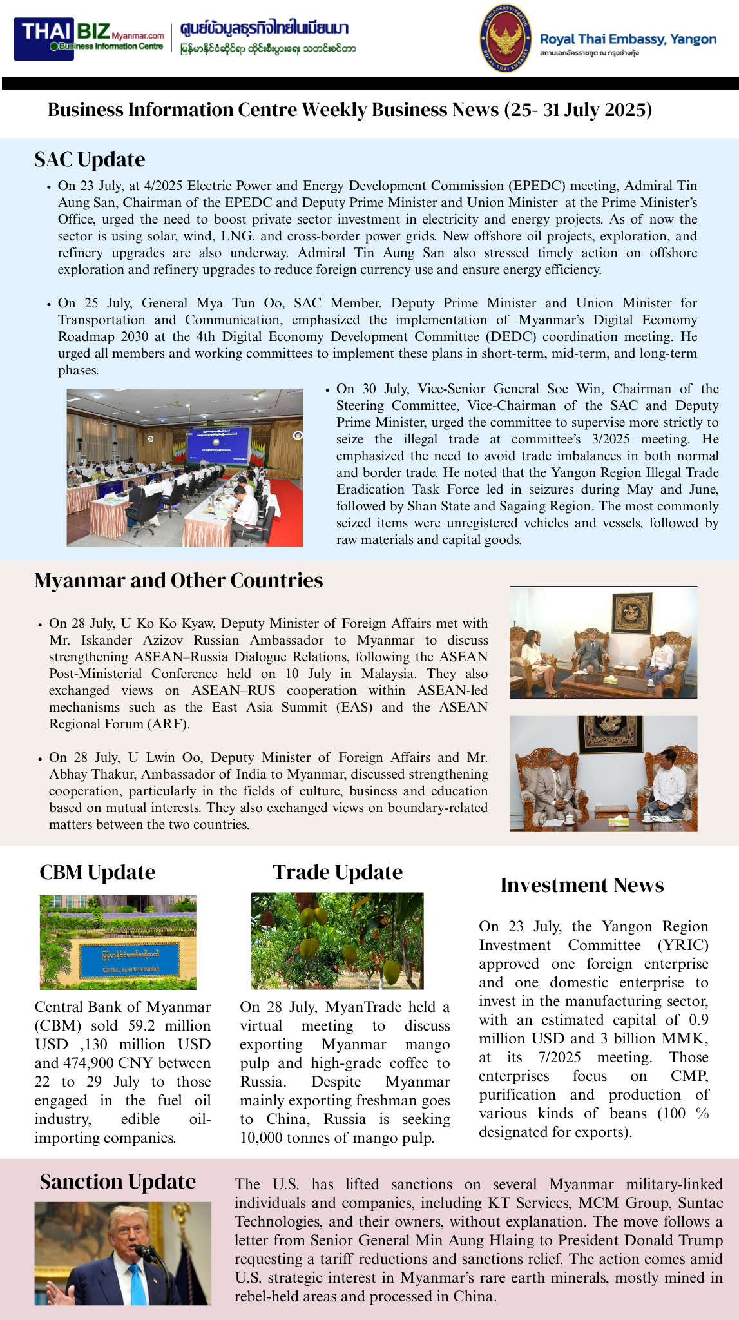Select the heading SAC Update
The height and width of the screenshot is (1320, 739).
(90, 159)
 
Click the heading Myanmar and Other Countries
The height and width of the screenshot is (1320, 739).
(178, 580)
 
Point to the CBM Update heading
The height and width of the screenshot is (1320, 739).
(97, 872)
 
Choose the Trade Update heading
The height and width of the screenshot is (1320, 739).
(338, 872)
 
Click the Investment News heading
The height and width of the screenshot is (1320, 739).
(582, 885)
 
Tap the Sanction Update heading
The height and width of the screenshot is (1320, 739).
(117, 1181)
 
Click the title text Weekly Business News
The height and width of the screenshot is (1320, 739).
(400, 110)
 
